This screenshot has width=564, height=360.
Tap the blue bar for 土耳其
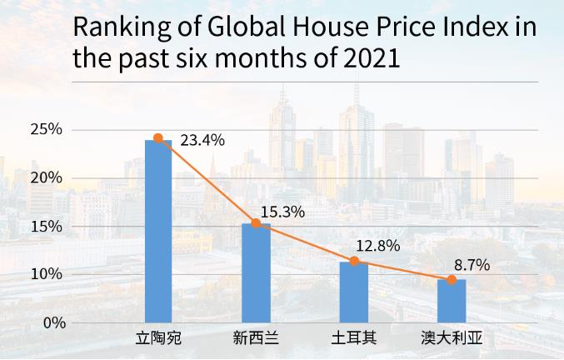(x=353, y=292)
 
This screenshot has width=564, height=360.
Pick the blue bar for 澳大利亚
(x=452, y=301)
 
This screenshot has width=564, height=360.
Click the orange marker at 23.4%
(x=158, y=138)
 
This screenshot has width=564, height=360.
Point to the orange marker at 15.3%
(x=256, y=223)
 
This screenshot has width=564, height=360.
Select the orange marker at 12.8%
(x=354, y=261)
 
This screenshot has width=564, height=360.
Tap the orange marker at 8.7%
(x=452, y=280)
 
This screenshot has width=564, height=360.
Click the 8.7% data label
(x=472, y=266)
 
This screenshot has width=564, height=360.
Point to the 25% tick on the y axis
(x=47, y=129)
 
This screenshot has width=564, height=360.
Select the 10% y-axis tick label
(x=47, y=274)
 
